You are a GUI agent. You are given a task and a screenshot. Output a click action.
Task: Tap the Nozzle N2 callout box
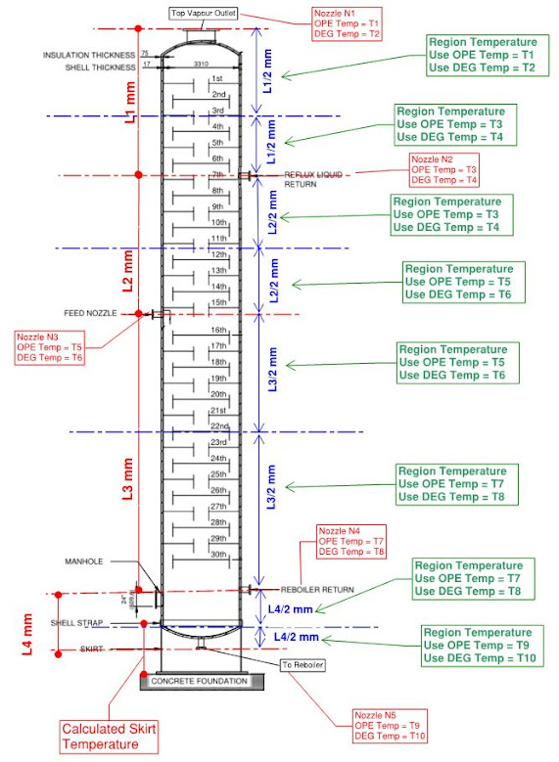445,168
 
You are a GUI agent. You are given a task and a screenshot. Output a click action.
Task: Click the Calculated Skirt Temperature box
109,736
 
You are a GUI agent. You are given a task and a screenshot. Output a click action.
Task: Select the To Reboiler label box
302,665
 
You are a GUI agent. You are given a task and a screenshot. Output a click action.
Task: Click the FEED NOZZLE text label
90,313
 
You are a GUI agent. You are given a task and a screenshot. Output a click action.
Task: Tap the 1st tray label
217,78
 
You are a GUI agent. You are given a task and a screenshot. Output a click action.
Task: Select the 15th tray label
219,303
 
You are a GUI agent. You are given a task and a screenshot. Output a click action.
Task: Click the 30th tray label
218,555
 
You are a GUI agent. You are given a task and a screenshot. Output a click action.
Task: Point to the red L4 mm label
28,634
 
